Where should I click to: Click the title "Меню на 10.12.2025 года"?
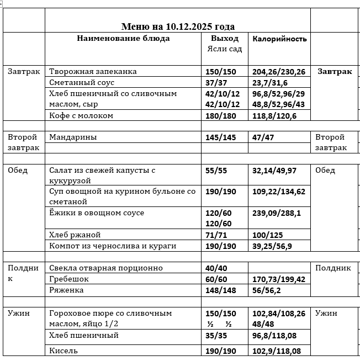point(178,26)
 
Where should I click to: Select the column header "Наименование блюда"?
point(123,39)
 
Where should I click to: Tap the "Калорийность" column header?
point(279,39)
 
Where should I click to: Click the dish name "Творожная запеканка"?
point(93,72)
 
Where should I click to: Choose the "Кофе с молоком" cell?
point(81,116)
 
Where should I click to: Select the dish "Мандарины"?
point(73,137)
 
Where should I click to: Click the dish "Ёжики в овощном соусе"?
point(97,213)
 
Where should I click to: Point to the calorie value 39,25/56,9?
point(272,246)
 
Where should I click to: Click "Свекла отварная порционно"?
point(106,268)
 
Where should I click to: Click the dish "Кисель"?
point(63,351)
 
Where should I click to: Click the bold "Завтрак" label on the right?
point(335,72)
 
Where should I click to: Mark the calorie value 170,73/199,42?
point(278,279)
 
